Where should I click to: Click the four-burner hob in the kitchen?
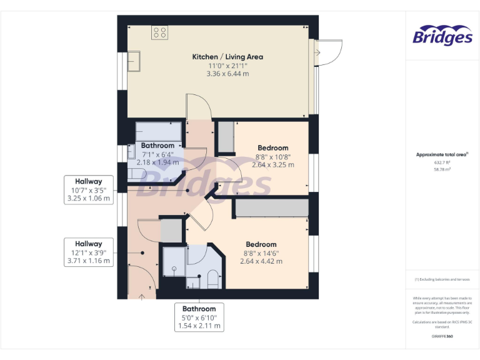[x=159, y=32]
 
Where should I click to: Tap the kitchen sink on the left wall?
[x=136, y=61]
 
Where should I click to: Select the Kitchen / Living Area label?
[x=227, y=57]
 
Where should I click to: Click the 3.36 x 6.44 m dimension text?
[x=227, y=74]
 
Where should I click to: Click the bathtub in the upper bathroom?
[x=159, y=132]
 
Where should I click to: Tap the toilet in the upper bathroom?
[x=136, y=176]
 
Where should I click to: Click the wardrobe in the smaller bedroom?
[x=225, y=137]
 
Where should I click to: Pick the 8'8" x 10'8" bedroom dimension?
[x=272, y=157]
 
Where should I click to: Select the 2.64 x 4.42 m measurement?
[x=261, y=261]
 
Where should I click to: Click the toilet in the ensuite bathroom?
[x=211, y=278]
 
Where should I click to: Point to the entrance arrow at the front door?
[x=141, y=296]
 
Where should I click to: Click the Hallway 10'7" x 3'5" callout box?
[x=89, y=190]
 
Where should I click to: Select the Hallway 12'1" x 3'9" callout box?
[x=89, y=252]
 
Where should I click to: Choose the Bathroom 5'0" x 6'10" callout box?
[x=199, y=317]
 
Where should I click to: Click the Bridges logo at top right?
[x=442, y=36]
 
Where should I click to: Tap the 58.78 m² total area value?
[x=442, y=169]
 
